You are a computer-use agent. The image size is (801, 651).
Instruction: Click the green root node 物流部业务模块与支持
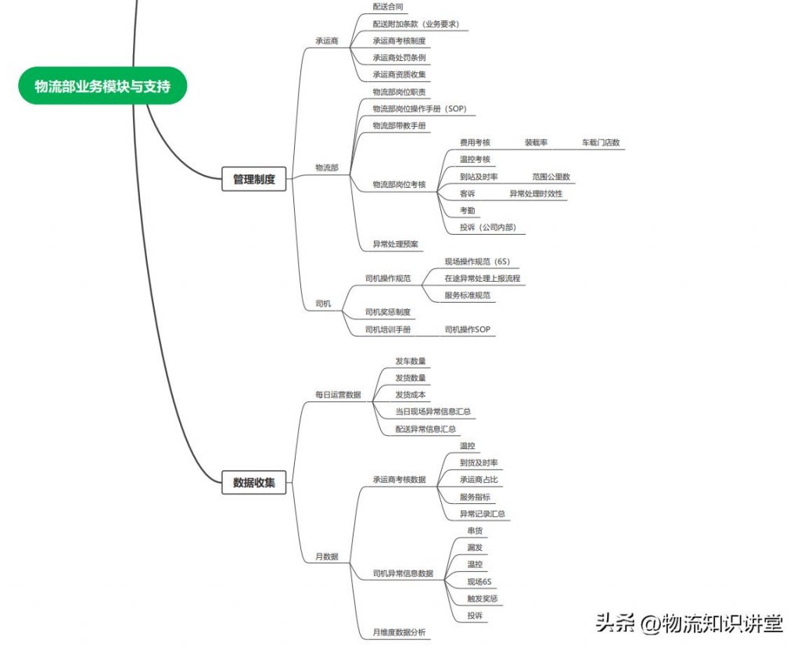102,86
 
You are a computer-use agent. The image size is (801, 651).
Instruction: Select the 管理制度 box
253,179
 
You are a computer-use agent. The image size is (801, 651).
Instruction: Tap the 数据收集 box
253,482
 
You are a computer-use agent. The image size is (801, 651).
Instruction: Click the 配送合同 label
388,6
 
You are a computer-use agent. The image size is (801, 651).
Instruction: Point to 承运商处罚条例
399,58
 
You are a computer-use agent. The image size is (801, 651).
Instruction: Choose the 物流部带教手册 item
399,126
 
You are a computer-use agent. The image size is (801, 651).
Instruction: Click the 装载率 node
536,142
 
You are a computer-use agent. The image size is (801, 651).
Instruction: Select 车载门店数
600,142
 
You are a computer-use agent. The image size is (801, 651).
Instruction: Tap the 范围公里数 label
551,177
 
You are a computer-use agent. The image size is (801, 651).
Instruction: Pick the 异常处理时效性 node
536,194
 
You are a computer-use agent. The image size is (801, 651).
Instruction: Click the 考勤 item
467,210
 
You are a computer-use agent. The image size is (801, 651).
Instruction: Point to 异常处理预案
395,244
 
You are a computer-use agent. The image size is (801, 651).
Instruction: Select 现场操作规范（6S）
477,261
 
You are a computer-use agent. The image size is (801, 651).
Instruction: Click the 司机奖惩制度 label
388,312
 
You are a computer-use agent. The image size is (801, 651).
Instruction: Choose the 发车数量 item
410,361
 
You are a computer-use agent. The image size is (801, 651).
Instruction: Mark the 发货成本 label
410,394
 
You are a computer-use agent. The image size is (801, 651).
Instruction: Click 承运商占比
479,479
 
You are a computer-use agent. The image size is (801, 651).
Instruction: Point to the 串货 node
474,531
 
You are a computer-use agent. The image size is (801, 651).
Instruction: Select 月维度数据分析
399,632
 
